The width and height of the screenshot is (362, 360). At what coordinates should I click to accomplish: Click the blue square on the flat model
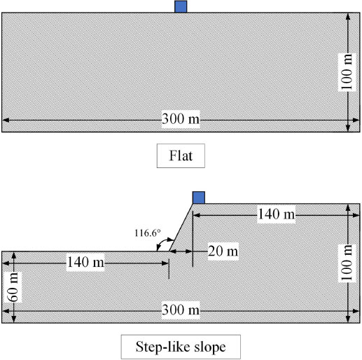pos(181,6)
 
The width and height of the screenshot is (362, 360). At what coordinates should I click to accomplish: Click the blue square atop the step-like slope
pos(199,198)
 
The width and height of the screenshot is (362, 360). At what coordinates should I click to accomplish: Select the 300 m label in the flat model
pos(181,118)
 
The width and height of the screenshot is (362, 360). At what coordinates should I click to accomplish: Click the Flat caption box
pos(181,155)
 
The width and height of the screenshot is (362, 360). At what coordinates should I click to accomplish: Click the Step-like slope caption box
pos(181,347)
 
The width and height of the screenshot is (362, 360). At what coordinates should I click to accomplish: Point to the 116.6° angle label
pos(148,233)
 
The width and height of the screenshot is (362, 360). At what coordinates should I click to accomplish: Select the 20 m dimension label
pos(223,251)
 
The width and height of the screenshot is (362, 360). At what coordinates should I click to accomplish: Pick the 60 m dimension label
pos(13,287)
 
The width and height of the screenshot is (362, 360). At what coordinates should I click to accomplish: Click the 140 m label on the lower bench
pos(85,262)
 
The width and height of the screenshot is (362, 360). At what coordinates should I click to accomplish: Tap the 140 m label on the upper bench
pos(277,214)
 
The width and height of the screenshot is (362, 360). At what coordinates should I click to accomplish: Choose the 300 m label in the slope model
pos(181,310)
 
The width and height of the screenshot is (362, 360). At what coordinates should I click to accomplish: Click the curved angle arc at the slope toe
pos(162,242)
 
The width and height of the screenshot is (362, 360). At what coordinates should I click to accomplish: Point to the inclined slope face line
pos(181,228)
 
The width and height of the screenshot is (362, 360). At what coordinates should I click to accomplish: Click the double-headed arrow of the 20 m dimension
pos(181,251)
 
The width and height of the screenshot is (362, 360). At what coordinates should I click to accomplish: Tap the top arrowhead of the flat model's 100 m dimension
pos(348,17)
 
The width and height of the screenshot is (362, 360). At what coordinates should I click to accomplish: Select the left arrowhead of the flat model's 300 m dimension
pos(6,120)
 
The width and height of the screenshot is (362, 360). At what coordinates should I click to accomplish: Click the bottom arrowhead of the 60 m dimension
pos(13,319)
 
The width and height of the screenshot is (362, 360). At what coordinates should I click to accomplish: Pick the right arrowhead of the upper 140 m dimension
pos(356,215)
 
